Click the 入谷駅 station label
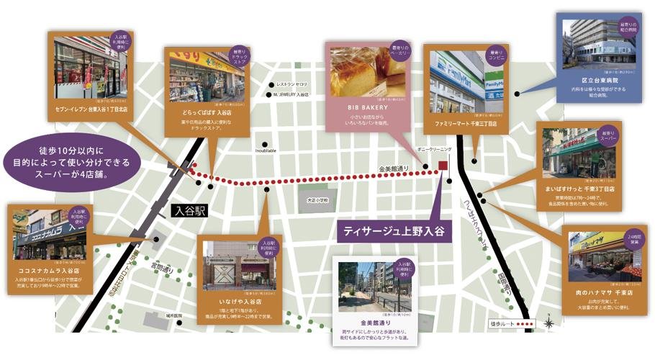coord(190,212)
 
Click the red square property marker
coord(443,165)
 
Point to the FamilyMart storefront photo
coord(466,81)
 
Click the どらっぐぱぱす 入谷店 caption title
coord(207,113)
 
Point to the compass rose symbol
coord(551,323)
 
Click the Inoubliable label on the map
coord(266,150)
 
